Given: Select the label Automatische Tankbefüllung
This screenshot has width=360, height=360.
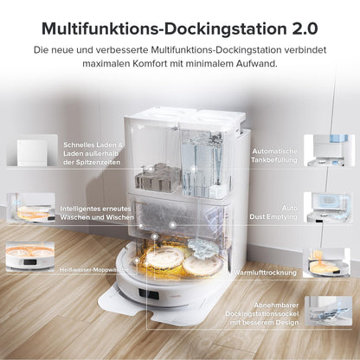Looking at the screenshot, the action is tap(274, 156).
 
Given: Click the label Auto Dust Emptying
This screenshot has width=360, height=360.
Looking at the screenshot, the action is tap(273, 212).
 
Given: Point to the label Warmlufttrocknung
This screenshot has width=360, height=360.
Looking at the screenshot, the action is tap(265, 273).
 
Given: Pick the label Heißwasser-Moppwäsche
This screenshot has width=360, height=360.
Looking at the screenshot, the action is tap(94, 270).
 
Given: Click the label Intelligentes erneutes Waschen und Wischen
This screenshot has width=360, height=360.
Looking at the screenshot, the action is tap(97, 213).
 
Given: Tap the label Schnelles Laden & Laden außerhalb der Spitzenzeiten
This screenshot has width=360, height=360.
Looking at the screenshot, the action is tap(93, 153).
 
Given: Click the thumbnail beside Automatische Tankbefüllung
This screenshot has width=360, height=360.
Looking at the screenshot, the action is tap(329, 151).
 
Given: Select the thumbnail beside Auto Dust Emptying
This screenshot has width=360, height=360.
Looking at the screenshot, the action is tap(329, 208).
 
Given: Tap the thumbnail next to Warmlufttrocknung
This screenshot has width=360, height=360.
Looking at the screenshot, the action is tap(326, 263).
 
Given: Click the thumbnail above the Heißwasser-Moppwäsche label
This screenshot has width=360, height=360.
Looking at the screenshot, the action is tap(30, 257).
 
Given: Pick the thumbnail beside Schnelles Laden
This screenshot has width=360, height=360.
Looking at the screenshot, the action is tap(32, 151).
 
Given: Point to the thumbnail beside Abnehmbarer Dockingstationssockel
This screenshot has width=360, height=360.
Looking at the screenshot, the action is tap(329, 311).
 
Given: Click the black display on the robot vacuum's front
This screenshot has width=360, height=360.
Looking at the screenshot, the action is tap(149, 294).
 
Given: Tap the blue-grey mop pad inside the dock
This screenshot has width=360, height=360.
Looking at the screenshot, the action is tap(202, 247).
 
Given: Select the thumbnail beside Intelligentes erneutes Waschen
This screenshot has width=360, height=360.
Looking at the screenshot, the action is tap(31, 208).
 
